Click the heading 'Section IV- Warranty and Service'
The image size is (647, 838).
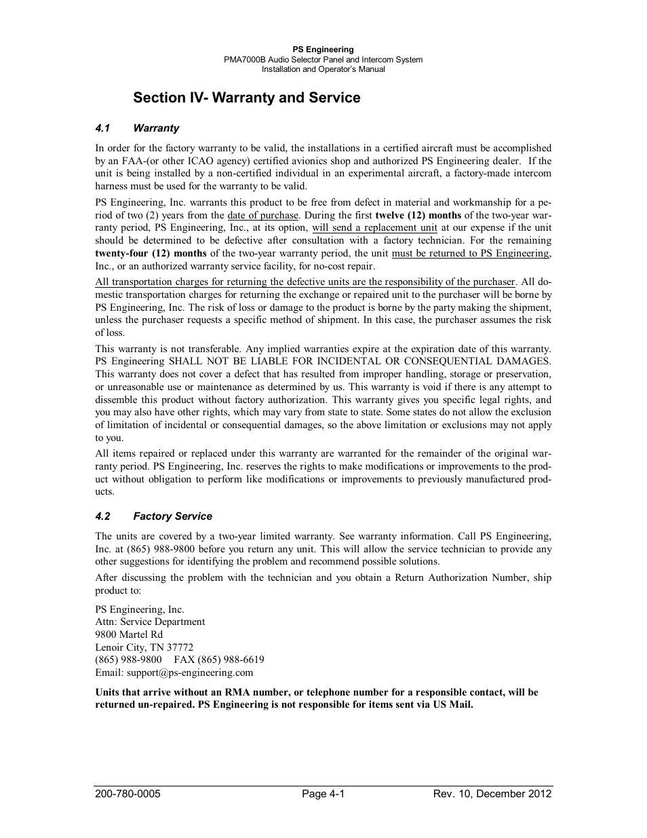click(x=247, y=98)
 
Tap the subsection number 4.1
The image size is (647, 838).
click(x=103, y=128)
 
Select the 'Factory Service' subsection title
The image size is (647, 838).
click(x=172, y=516)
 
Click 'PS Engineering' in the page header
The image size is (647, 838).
click(x=323, y=50)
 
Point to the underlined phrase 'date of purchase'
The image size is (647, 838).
click(x=262, y=215)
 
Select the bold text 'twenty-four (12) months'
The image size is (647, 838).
click(x=151, y=253)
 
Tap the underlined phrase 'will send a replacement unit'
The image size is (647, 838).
click(x=374, y=228)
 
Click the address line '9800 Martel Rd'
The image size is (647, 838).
click(x=129, y=634)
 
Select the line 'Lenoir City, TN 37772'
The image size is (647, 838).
click(x=144, y=647)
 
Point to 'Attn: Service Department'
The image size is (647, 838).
click(x=150, y=622)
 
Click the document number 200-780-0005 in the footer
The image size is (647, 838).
click(x=128, y=794)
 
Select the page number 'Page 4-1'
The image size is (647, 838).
click(x=323, y=794)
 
